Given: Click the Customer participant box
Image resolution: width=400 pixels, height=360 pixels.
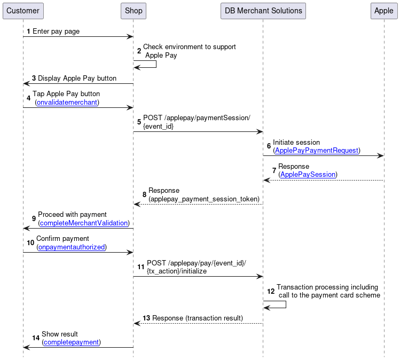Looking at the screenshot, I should point(23,11).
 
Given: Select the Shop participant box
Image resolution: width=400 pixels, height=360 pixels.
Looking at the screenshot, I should point(134,11).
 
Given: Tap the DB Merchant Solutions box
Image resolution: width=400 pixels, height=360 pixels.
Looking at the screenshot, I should point(263,11).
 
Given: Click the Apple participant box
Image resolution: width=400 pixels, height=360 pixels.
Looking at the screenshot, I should point(383,11).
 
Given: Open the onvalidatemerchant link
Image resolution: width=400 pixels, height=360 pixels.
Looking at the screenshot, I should point(67,102).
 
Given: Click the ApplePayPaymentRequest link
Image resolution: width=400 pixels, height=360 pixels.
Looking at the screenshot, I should point(316,151).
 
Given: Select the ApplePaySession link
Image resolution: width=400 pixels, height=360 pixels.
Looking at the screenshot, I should point(308,175).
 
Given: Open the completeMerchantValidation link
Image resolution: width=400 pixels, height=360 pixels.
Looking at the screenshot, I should point(84,223).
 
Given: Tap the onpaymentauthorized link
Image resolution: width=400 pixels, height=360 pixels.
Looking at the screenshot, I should point(71,247).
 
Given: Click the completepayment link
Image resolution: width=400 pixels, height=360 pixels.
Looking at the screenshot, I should point(71,342).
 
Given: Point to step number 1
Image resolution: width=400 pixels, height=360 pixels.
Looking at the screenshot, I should point(28,32).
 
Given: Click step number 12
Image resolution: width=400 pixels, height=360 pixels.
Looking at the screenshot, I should point(271,292).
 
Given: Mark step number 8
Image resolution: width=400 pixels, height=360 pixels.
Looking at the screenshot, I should point(144,194).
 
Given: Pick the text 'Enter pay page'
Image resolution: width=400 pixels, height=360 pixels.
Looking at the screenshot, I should point(56,32).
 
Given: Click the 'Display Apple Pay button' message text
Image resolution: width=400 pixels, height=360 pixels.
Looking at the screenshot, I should point(77,78).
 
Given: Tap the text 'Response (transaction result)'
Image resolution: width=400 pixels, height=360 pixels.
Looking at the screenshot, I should point(198,318).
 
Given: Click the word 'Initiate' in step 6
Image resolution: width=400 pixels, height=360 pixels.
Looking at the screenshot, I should point(284,143).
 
